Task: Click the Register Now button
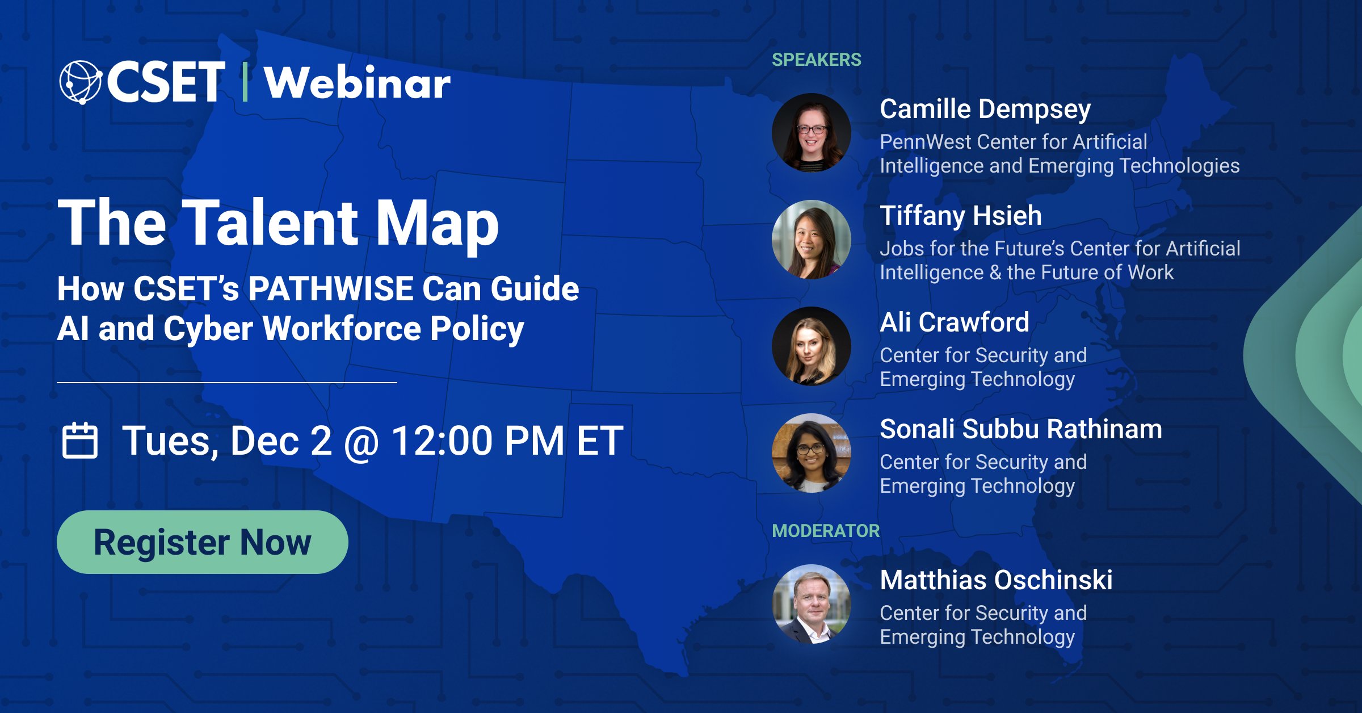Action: point(202,542)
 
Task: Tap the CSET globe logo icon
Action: point(80,82)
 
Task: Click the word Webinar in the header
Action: point(357,83)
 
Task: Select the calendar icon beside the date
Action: point(79,441)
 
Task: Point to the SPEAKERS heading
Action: point(816,60)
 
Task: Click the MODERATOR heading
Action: point(825,531)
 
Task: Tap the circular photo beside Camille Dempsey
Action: point(812,133)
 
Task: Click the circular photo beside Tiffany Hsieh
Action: point(812,240)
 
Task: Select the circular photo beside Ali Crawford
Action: point(812,346)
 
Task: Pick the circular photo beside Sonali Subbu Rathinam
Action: point(812,453)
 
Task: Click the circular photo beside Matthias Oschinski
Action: point(812,604)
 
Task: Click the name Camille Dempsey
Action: point(985,109)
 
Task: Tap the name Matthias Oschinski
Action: point(996,580)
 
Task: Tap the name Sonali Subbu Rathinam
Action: point(1020,429)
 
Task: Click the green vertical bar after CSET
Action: point(245,83)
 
